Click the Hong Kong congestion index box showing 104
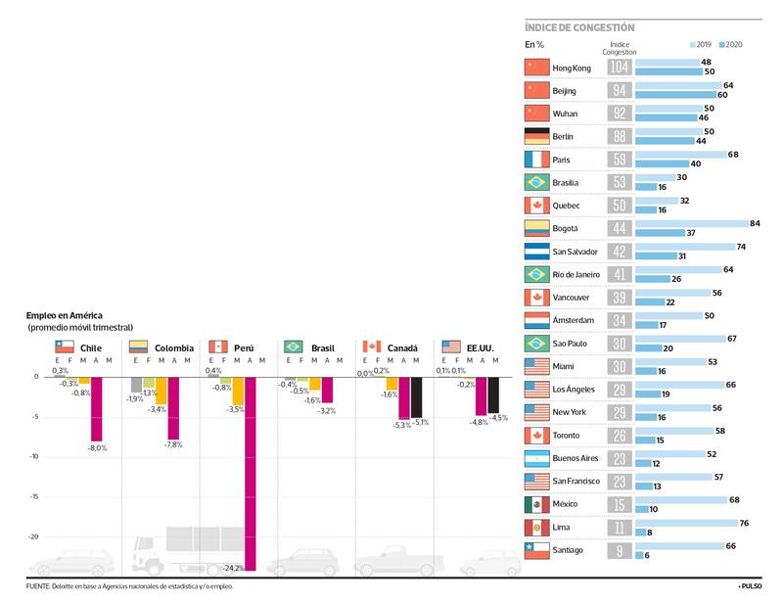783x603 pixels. coord(619,68)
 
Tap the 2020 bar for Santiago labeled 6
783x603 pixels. coord(639,555)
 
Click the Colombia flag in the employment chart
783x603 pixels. coord(138,347)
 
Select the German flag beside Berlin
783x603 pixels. coord(536,136)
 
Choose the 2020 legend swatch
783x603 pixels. coord(721,45)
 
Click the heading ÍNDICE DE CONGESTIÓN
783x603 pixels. coord(579,27)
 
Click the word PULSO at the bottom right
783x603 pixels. coord(752,586)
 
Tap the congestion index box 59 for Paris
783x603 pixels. coord(619,160)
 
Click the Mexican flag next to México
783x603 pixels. coord(536,504)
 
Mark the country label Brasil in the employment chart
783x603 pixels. coord(323,348)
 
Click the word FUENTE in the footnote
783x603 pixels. coord(38,586)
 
